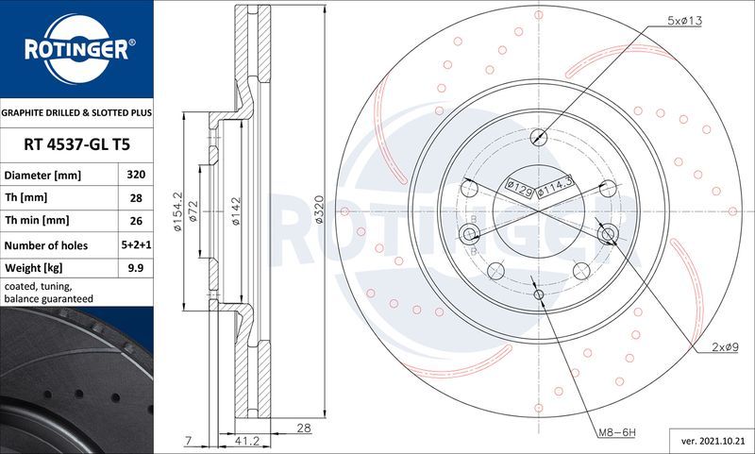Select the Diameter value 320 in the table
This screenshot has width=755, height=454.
tap(135, 176)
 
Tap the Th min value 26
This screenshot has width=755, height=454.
tap(135, 221)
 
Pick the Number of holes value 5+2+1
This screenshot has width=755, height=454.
tap(135, 245)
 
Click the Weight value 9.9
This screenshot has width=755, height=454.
tap(135, 269)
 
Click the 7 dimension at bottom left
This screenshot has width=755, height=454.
tap(188, 440)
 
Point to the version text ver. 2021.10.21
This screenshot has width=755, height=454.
tap(709, 440)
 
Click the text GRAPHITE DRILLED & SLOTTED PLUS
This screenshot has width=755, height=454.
tap(76, 112)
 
